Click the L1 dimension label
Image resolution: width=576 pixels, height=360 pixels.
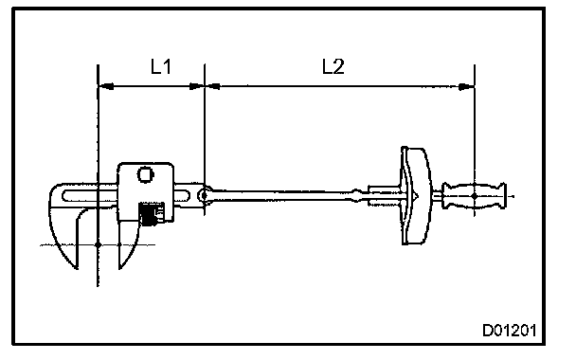tap(161, 66)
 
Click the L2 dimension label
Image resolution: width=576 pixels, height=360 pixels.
tap(333, 66)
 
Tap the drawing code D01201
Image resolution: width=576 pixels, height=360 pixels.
tap(509, 331)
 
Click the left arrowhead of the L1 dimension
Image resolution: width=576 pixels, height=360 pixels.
tap(106, 86)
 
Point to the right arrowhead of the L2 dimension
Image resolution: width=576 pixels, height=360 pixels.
tap(466, 87)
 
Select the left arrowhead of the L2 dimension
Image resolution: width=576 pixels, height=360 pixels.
tap(213, 86)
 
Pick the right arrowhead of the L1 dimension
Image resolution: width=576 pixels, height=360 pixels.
tap(196, 86)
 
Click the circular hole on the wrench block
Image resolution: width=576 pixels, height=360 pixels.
tap(146, 174)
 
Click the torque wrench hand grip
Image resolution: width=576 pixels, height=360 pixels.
tap(474, 196)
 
